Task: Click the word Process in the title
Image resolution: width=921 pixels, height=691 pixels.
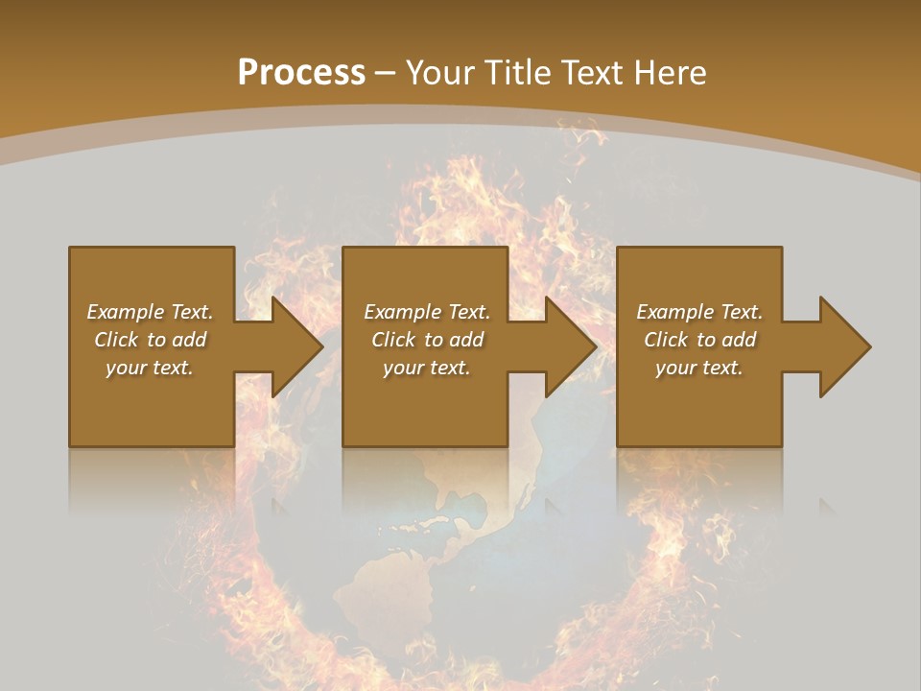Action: [301, 73]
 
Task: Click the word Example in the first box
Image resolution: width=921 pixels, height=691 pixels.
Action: [126, 312]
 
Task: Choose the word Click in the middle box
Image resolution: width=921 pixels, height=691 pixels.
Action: [394, 340]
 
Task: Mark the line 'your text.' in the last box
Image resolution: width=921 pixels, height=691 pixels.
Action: [698, 368]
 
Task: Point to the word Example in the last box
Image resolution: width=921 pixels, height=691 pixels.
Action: [675, 312]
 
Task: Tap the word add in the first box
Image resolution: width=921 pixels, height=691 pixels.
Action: [189, 340]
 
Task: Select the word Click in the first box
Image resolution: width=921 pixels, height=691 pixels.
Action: [117, 340]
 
